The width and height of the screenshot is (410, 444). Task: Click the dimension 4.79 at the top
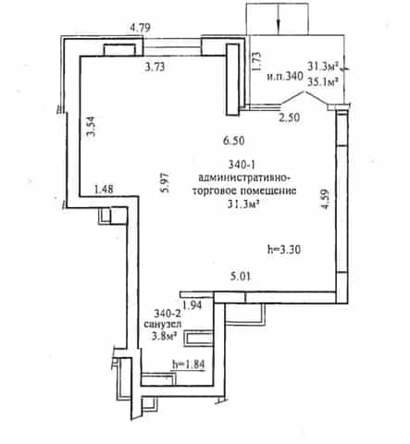tap(140, 28)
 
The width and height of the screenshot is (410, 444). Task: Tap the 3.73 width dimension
tap(155, 67)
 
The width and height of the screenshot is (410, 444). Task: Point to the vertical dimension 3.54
tap(91, 126)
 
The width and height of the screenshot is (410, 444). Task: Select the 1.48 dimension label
tap(104, 189)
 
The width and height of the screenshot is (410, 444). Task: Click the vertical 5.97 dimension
tap(165, 182)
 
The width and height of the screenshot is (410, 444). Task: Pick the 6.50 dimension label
tap(234, 141)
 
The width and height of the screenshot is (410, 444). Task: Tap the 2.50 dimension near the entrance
tap(290, 117)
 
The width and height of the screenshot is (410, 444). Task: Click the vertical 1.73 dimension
tap(256, 61)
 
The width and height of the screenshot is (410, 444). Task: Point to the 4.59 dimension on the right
tap(325, 199)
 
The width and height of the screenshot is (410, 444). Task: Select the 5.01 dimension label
tap(241, 277)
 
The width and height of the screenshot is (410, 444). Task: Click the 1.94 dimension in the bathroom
tap(193, 305)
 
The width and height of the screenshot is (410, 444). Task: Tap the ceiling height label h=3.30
tap(284, 249)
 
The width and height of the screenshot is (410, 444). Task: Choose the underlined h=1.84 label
tap(189, 364)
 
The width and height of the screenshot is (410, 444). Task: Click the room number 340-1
tap(242, 165)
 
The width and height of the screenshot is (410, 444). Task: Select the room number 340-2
tap(168, 314)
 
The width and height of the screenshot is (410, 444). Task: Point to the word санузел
tap(163, 325)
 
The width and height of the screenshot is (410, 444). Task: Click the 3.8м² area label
tap(166, 336)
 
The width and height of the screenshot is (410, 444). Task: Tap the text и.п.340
tap(285, 76)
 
